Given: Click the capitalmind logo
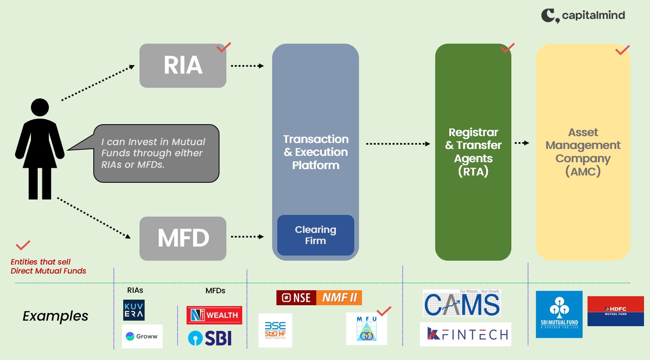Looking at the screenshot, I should (x=582, y=15).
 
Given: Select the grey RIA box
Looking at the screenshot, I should (x=183, y=65).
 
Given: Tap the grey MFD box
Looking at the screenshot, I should (x=183, y=238).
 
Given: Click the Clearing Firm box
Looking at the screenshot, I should (x=315, y=235).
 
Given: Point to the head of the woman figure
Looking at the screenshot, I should (x=40, y=107).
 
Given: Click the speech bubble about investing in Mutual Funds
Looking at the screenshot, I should (x=156, y=153).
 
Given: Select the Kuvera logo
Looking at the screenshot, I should (x=134, y=310).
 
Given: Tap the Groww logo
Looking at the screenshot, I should (x=142, y=336).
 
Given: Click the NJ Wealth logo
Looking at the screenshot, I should (x=214, y=315).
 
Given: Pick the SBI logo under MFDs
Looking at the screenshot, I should (x=210, y=338).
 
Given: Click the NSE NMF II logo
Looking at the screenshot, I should (x=319, y=298).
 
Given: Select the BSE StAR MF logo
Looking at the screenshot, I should (x=275, y=330).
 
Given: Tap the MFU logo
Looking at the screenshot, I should (x=366, y=329).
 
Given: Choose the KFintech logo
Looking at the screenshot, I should (x=466, y=334).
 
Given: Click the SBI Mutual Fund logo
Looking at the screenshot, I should (x=559, y=314).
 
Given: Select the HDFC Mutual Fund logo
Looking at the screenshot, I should (x=615, y=311).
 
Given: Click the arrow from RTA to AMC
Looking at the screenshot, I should (x=522, y=143).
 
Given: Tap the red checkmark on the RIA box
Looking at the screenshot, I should (x=223, y=48).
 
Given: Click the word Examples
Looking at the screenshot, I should (x=55, y=316).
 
